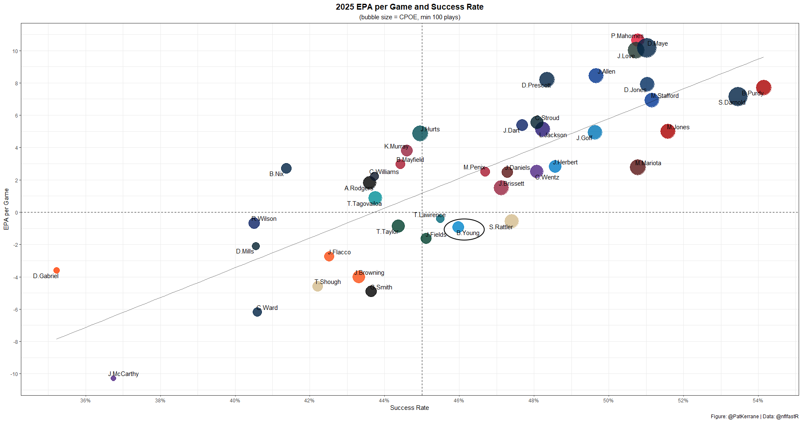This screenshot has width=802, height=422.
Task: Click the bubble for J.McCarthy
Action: click(x=113, y=378)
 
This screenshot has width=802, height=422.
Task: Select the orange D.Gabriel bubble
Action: click(x=56, y=271)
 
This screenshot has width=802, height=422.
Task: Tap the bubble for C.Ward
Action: click(x=257, y=312)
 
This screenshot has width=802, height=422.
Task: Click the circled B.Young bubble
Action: click(x=458, y=227)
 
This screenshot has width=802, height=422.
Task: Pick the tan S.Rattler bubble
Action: click(x=511, y=221)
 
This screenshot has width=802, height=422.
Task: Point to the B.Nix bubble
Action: click(x=286, y=169)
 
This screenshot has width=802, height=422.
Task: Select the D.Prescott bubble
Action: click(x=547, y=80)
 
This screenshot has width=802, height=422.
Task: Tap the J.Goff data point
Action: click(x=595, y=133)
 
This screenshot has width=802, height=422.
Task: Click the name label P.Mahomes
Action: click(x=627, y=36)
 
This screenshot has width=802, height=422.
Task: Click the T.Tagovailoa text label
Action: click(x=364, y=204)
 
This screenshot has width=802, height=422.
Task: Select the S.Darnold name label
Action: click(x=731, y=102)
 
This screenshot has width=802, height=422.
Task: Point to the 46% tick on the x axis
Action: click(x=459, y=400)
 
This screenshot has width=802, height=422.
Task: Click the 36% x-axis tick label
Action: click(x=85, y=400)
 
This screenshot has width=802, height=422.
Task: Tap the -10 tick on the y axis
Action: click(x=15, y=374)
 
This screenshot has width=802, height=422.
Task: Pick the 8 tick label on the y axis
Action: click(x=17, y=83)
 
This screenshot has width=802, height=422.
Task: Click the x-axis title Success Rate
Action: click(x=409, y=408)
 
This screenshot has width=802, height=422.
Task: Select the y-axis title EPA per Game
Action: click(x=6, y=209)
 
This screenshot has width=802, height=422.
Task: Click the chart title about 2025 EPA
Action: click(x=409, y=7)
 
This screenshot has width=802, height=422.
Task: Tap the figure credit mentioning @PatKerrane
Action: click(x=754, y=417)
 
